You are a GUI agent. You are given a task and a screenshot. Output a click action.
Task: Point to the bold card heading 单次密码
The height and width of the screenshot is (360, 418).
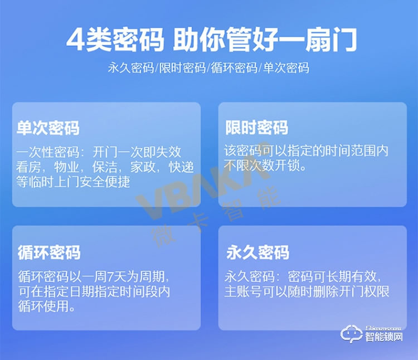(x=48, y=128)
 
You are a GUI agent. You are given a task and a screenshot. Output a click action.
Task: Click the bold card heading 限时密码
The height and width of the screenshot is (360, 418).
(x=256, y=128)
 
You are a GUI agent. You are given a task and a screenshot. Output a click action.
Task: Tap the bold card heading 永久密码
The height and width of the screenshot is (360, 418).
(x=257, y=252)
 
